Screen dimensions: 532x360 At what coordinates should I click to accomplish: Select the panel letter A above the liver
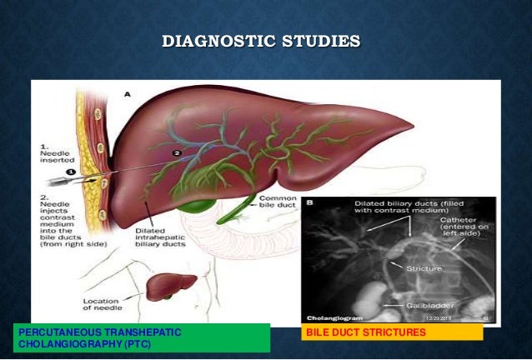pos(128,95)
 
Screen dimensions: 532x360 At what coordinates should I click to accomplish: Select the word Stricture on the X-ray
pos(424,268)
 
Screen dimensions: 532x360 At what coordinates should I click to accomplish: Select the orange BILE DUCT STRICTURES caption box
pos(392,332)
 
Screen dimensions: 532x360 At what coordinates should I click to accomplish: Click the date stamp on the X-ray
pos(440,317)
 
